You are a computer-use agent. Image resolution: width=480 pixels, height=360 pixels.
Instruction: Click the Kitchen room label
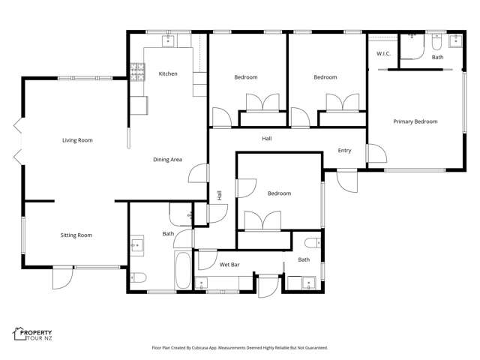coord(168,73)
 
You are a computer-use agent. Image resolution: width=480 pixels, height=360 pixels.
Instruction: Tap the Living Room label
coord(77,140)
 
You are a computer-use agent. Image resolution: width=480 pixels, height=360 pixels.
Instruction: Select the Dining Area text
coord(167,159)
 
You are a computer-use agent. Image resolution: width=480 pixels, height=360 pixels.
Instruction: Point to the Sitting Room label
coord(76,235)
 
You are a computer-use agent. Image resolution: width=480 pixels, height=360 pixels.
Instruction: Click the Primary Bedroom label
coord(415,121)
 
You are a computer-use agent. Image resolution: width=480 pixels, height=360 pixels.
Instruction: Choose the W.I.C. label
coord(382,53)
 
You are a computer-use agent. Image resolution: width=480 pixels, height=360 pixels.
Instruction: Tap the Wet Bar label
coord(229,265)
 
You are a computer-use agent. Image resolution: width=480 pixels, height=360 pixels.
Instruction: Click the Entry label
coord(344,151)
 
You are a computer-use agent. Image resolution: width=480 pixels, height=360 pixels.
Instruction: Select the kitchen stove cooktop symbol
coord(138,72)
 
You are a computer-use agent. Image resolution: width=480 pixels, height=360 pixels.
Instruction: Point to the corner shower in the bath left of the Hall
coord(181,214)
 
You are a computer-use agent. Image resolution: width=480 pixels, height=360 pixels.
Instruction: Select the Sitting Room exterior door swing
coord(62,279)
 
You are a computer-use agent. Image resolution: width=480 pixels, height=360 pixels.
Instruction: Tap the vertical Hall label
coord(220,195)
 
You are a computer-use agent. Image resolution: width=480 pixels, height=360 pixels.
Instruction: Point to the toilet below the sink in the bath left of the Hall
coord(138,277)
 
